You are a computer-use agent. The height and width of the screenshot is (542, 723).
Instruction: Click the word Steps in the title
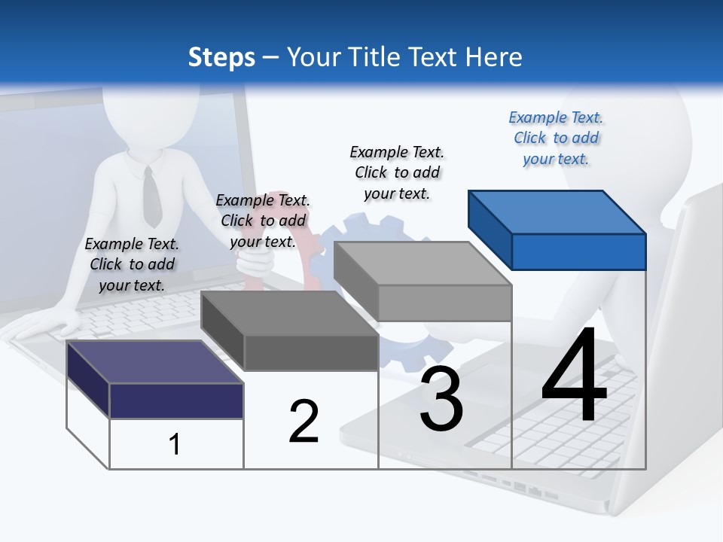click(221, 57)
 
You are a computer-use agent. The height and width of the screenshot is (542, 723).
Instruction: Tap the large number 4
click(574, 376)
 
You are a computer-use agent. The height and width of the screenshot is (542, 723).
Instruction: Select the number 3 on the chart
click(441, 399)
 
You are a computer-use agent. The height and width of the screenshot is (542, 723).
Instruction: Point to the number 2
click(304, 422)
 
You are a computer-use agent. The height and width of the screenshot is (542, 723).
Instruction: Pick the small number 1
click(175, 444)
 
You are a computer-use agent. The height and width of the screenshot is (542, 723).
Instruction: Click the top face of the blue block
click(556, 212)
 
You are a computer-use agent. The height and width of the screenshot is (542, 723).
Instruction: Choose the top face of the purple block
click(154, 361)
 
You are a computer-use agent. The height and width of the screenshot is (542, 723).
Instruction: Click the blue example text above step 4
click(556, 138)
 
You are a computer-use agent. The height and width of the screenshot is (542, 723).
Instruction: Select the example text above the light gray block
click(397, 172)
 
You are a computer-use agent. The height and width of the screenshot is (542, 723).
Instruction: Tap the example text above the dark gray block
click(263, 221)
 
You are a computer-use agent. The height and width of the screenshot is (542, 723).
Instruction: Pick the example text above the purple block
click(132, 264)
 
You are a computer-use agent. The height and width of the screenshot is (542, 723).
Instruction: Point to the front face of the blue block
click(578, 251)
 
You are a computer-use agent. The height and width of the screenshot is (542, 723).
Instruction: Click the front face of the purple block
click(176, 400)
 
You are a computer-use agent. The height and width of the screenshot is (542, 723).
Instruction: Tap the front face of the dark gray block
click(310, 352)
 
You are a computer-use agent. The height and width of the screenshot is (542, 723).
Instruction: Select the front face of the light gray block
click(444, 303)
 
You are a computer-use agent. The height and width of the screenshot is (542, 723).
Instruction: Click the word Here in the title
click(493, 57)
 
